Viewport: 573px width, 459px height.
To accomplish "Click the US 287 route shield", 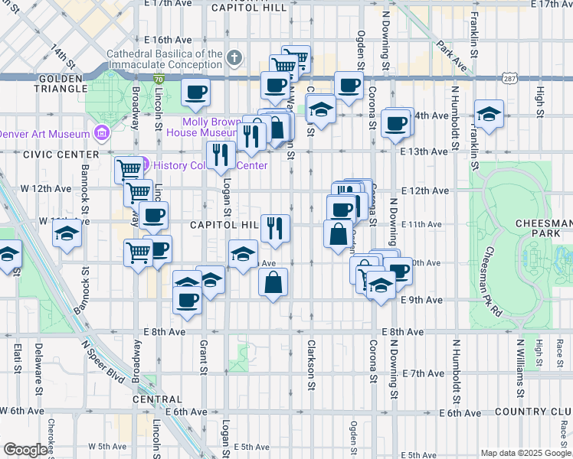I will click(509, 78).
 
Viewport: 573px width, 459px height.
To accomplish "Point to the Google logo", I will click(25, 450).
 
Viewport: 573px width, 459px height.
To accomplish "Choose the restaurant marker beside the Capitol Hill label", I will click(275, 228).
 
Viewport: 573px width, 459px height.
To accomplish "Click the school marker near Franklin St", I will click(488, 114).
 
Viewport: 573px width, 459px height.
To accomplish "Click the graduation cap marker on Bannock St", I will click(67, 233).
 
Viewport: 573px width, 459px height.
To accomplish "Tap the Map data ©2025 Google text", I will click(525, 453).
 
